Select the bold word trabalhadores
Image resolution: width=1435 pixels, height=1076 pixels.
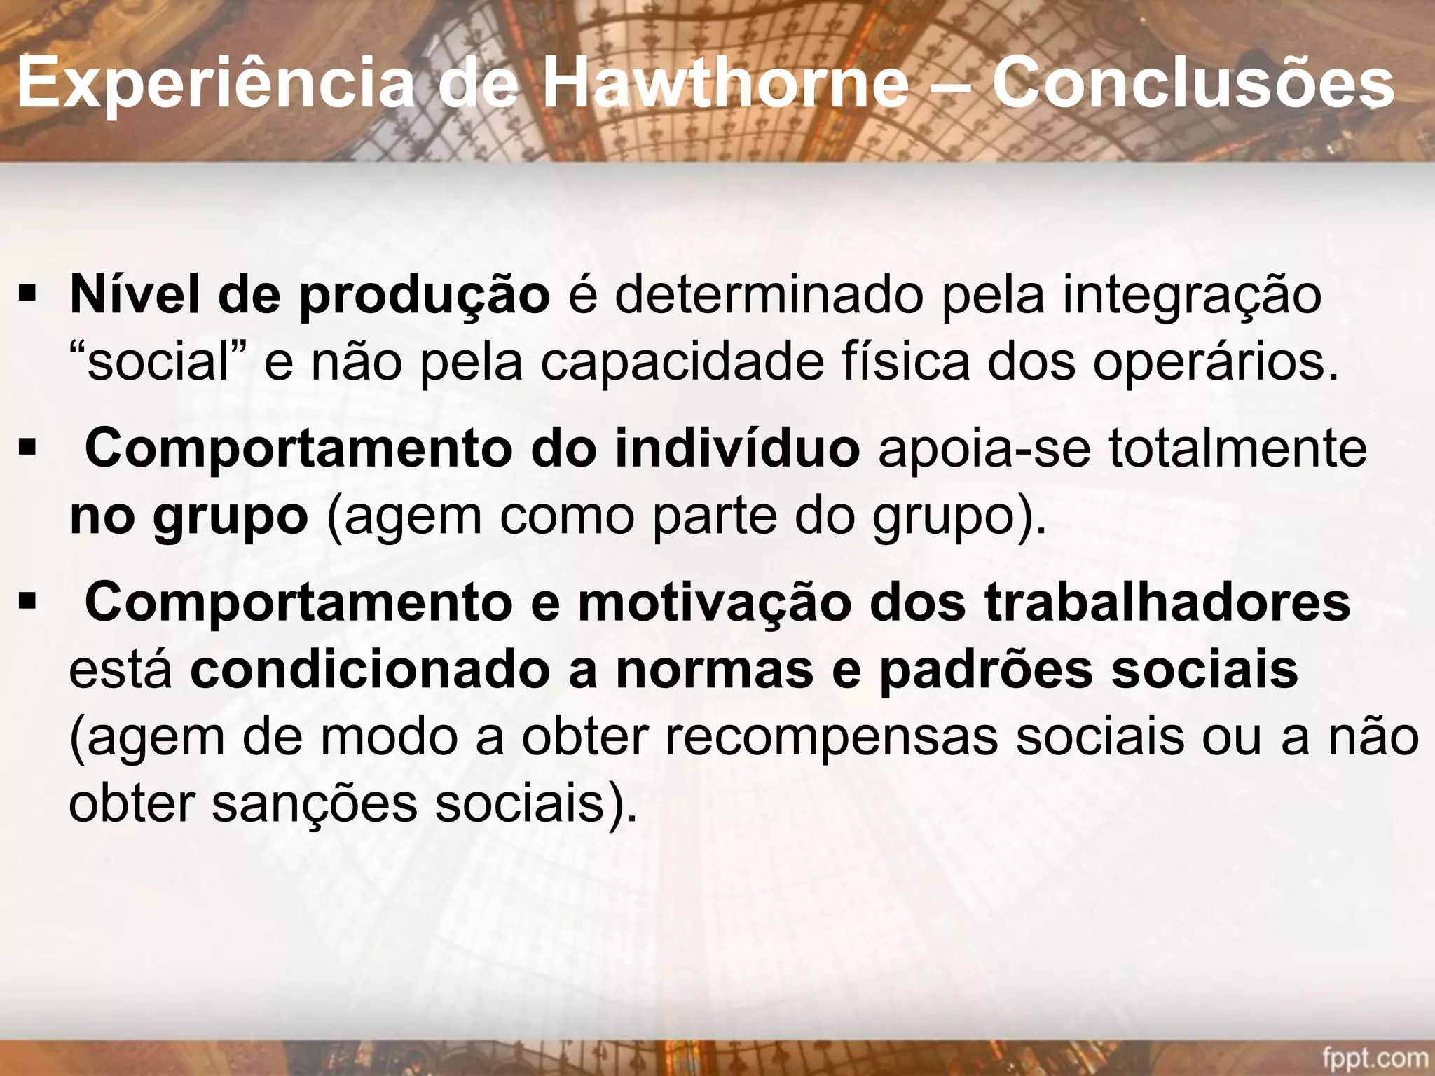pos(1167,602)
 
